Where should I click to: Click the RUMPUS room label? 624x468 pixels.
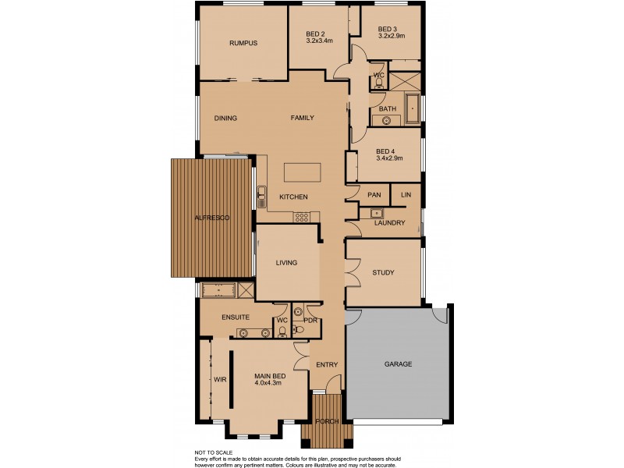tap(243, 43)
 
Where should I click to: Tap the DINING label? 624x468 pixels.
tap(225, 119)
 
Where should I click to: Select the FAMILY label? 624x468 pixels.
tap(302, 119)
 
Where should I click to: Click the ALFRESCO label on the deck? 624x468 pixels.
tap(212, 218)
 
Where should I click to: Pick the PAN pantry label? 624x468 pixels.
tap(374, 194)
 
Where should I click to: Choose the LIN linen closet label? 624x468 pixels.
tap(406, 194)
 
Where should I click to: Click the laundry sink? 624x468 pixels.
tap(377, 212)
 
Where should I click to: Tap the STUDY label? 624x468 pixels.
tap(383, 273)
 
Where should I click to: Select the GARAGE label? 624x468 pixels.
tap(398, 364)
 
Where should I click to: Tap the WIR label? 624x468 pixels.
tap(219, 380)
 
